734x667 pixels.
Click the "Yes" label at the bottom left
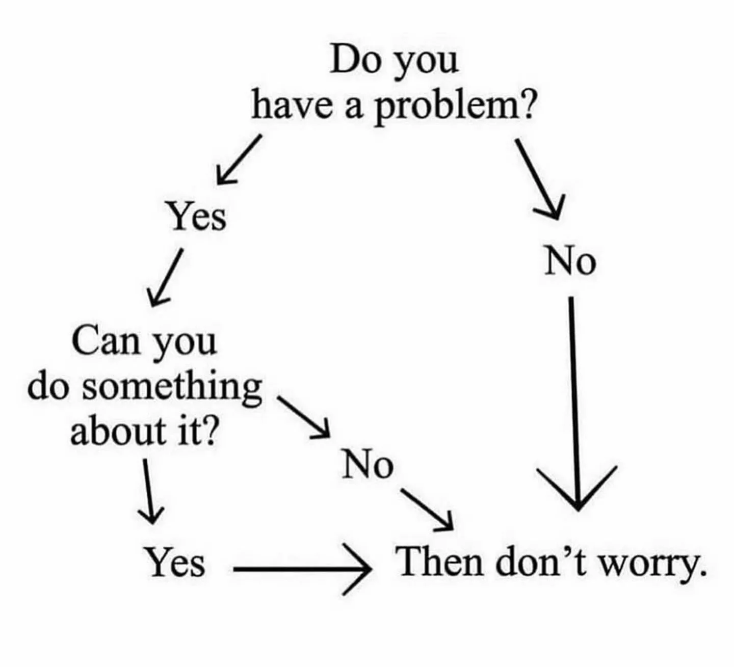click(x=176, y=563)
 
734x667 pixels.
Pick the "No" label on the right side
click(x=569, y=262)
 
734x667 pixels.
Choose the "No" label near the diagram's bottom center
click(x=368, y=465)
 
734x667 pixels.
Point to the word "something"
click(x=172, y=387)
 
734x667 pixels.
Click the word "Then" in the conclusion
click(x=440, y=563)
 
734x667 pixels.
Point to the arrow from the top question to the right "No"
click(x=539, y=178)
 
